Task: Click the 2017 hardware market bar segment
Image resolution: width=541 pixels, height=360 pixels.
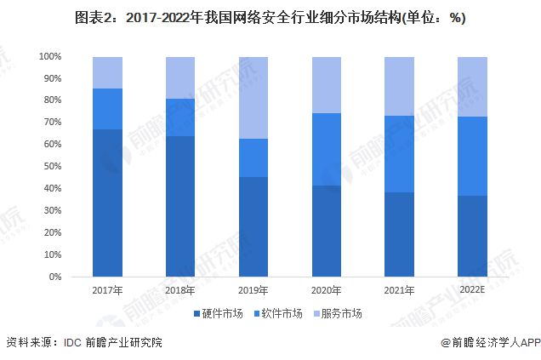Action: (x=107, y=203)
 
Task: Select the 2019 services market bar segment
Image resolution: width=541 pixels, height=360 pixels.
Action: (x=253, y=98)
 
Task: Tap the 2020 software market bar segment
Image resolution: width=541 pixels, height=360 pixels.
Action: (x=326, y=149)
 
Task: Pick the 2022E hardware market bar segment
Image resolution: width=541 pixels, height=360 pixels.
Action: (x=472, y=236)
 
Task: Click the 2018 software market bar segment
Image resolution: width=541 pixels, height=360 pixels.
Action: (x=180, y=117)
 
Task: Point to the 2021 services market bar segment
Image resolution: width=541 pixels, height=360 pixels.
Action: (x=399, y=86)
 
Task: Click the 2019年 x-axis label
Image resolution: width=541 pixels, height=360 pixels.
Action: (x=253, y=290)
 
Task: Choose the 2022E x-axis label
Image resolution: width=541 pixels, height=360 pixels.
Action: (x=472, y=290)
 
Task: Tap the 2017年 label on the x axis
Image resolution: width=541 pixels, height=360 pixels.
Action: (x=107, y=290)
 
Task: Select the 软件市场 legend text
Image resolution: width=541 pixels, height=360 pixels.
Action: (x=282, y=314)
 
